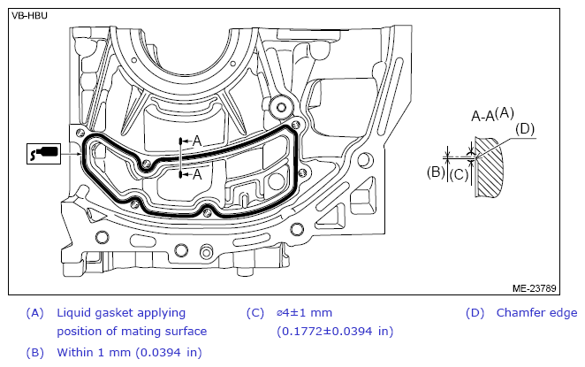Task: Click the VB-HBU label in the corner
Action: (x=29, y=16)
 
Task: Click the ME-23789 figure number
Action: (x=534, y=288)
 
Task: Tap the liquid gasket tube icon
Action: (x=43, y=153)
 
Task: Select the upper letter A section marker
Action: (x=197, y=141)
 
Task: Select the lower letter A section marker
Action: (x=197, y=174)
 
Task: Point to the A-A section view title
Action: (x=482, y=117)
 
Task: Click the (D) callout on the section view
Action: (x=525, y=129)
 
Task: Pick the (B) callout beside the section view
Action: (x=436, y=172)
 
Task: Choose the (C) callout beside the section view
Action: (x=459, y=175)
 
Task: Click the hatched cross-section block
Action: (x=489, y=167)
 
